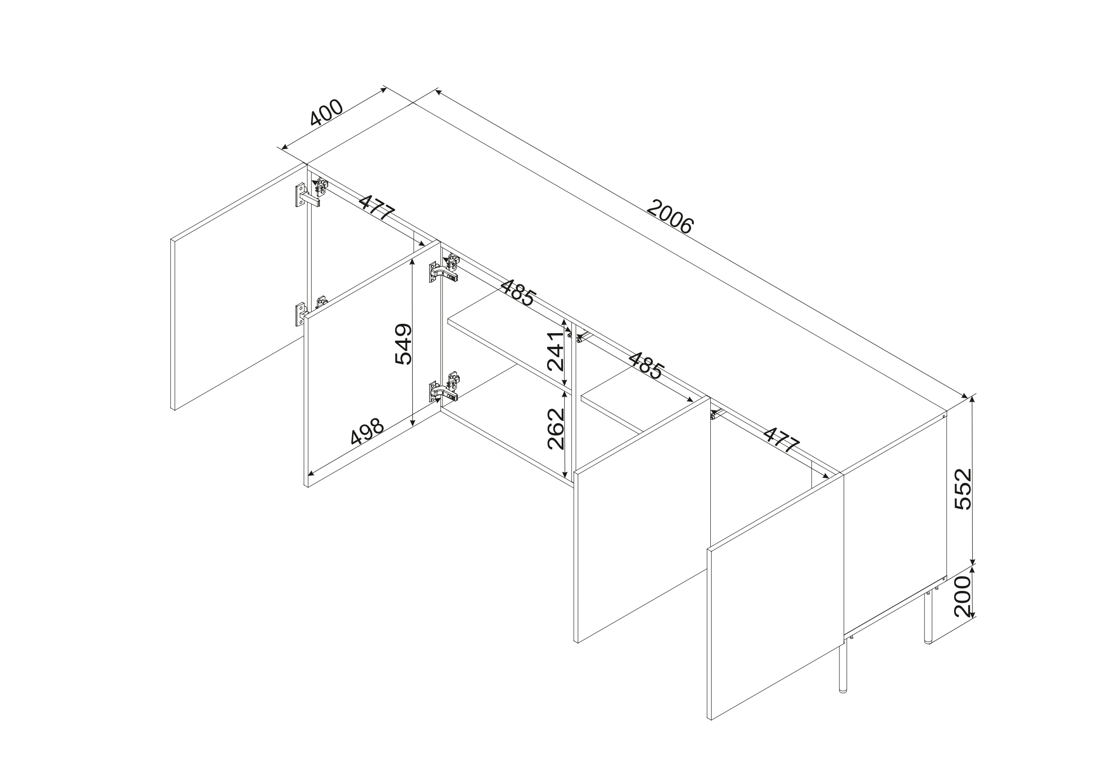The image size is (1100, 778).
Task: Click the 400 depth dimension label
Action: coord(327,113)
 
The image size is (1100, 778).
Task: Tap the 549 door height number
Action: coord(403,344)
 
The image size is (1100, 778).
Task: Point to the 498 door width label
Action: coord(368,432)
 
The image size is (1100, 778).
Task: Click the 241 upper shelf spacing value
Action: coord(556,351)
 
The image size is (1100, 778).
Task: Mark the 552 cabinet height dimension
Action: coord(963,489)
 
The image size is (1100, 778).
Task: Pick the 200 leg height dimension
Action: coord(963,596)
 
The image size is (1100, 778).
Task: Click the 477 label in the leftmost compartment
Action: coord(377,207)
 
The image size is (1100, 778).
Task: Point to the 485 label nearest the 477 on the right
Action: coord(646,366)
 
